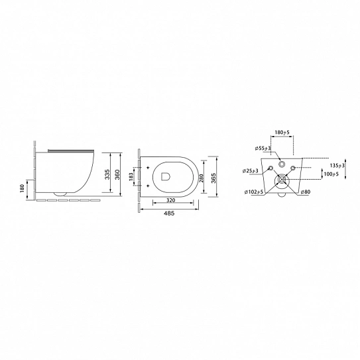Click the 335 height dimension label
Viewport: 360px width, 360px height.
click(107, 174)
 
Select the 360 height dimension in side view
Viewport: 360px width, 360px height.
click(117, 174)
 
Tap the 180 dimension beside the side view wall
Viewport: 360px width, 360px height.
click(22, 188)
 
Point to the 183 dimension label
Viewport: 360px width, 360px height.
click(131, 177)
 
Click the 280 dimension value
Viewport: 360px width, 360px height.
click(201, 178)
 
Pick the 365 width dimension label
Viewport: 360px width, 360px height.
click(213, 178)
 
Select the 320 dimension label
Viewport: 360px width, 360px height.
click(170, 200)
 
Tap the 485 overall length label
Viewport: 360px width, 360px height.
click(169, 213)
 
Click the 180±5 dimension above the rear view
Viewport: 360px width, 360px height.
click(282, 133)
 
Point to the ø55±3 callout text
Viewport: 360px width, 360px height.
click(263, 149)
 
